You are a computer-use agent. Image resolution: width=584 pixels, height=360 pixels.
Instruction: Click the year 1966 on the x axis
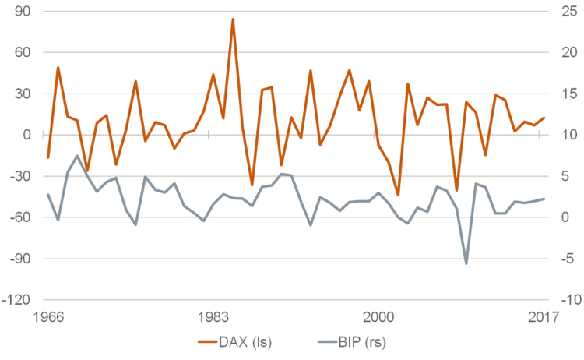tap(48, 316)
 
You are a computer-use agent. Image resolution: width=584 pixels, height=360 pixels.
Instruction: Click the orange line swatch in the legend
tap(209, 342)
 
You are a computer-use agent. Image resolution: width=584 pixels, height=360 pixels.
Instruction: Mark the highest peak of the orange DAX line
tap(233, 19)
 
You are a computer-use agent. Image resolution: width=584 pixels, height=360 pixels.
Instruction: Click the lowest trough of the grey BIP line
tap(466, 263)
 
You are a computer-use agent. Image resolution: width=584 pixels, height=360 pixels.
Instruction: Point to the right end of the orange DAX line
tap(544, 118)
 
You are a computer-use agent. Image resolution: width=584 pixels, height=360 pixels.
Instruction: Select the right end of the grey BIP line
tap(544, 199)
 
